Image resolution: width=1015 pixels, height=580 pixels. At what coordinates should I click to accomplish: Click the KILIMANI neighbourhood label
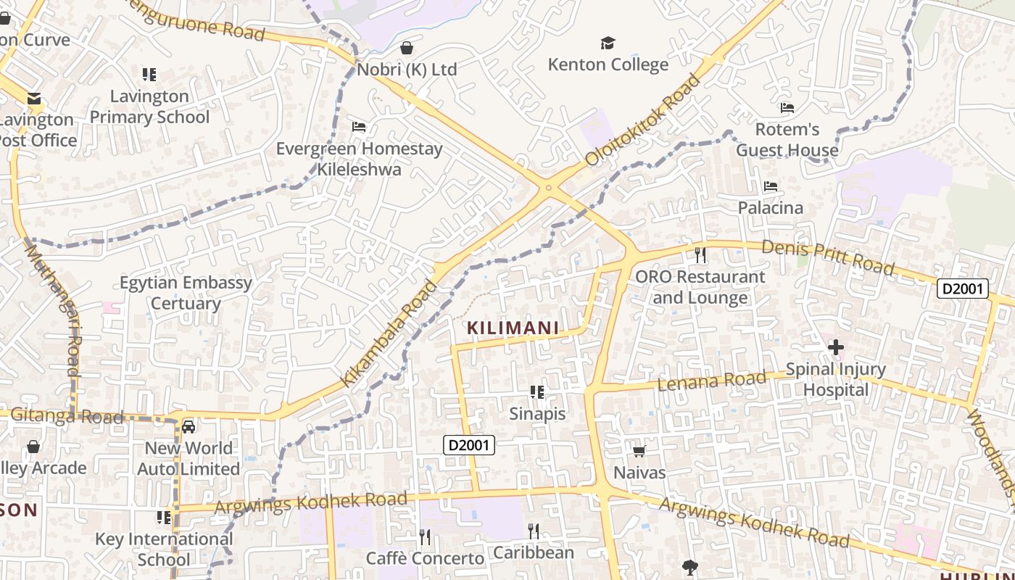(x=513, y=328)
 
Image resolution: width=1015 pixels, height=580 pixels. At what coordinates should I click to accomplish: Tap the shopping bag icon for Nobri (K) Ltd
(x=407, y=48)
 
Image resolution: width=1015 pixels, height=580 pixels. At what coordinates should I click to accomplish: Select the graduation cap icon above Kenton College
(x=608, y=43)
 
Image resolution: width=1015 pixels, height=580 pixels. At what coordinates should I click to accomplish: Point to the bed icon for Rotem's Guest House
(x=787, y=109)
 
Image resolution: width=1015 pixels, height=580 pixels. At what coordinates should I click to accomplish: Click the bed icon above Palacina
(x=771, y=187)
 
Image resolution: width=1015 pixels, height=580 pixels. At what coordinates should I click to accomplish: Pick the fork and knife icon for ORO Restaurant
(x=700, y=254)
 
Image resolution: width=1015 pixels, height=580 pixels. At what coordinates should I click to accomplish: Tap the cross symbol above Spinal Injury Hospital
(x=836, y=348)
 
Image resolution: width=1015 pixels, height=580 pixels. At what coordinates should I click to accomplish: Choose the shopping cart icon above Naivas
(x=639, y=452)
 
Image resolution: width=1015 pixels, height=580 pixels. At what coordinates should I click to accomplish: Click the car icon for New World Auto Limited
(x=188, y=427)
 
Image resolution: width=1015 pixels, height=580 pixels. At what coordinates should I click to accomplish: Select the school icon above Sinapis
(x=536, y=392)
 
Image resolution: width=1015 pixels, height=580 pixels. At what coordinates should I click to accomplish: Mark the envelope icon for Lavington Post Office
(x=33, y=99)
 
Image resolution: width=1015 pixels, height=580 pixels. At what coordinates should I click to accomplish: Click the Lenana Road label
(x=711, y=380)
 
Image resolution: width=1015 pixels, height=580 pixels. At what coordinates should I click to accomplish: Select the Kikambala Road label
(x=389, y=333)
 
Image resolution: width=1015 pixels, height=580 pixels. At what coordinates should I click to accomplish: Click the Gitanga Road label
(x=66, y=416)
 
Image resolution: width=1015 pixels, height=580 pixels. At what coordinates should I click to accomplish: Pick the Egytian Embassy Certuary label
(x=186, y=293)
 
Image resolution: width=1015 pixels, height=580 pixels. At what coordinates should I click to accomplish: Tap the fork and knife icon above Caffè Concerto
(x=425, y=536)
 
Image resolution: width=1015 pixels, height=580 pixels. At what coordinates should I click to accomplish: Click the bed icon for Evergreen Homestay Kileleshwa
(x=358, y=127)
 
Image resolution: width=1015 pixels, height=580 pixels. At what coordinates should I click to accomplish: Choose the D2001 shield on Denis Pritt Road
(x=963, y=289)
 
